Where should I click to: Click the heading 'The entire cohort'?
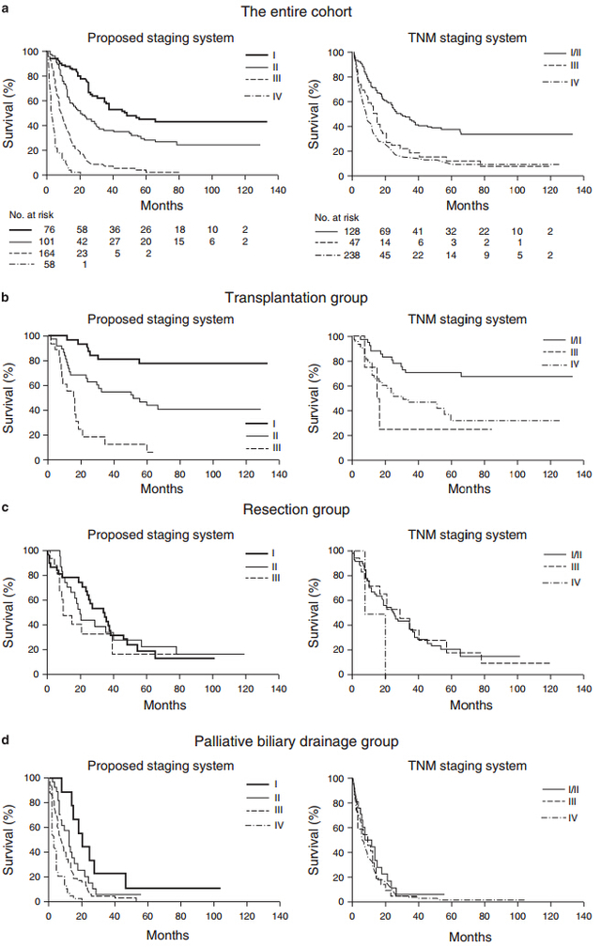coord(297,11)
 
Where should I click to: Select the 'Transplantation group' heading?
coord(297,298)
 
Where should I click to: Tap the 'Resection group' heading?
coord(297,509)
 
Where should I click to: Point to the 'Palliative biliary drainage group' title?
coord(297,741)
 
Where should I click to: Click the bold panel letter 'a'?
coord(5,9)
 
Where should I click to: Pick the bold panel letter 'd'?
coord(5,738)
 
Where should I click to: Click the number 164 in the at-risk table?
coord(46,253)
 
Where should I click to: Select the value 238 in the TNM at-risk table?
coord(352,255)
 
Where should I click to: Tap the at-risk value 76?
coord(49,229)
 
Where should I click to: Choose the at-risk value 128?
coord(352,231)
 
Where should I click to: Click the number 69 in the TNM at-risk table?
coord(385,231)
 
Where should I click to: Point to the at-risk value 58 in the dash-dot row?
coord(49,264)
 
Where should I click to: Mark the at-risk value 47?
coord(354,242)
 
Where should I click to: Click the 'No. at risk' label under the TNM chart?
coord(337,217)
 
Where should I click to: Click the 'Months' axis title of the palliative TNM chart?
coord(470,937)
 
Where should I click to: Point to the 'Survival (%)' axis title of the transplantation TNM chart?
coord(313,398)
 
